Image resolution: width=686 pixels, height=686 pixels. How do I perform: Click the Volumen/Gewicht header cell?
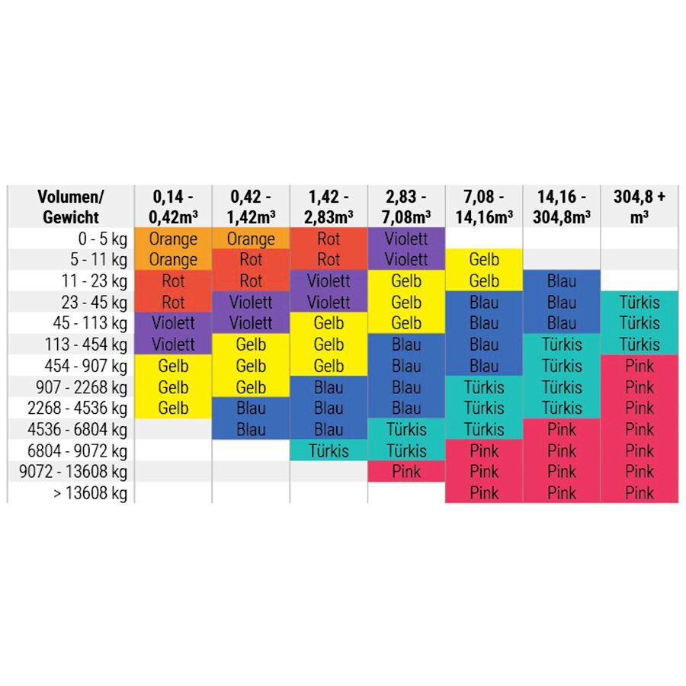(x=71, y=207)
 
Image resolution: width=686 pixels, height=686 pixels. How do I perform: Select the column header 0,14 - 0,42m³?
(x=173, y=207)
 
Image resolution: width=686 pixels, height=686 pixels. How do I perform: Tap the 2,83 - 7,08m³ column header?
(x=406, y=207)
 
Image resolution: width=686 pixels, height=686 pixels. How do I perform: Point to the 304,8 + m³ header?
(x=640, y=207)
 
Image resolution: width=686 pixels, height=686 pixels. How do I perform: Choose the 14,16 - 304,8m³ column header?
(x=562, y=207)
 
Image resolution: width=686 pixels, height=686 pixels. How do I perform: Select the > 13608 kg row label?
(x=89, y=493)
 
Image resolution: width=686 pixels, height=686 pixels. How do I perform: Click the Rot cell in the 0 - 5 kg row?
(x=329, y=239)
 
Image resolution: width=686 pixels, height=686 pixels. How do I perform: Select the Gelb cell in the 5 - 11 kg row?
(x=484, y=260)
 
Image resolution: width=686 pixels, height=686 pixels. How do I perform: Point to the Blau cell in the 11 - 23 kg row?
(x=562, y=281)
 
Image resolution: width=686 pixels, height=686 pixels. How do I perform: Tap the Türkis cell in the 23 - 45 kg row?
(x=640, y=303)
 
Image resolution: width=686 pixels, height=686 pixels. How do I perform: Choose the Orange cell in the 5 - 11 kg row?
(x=173, y=260)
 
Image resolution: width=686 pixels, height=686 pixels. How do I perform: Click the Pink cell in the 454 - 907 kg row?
(x=640, y=366)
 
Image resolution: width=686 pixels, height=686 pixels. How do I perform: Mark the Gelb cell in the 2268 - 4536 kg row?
(x=173, y=408)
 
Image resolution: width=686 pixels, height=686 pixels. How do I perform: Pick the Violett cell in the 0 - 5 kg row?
(x=406, y=239)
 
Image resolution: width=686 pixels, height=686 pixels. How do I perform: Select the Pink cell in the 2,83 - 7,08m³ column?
(x=406, y=472)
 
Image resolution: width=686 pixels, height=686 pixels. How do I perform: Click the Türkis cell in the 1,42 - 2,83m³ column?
(x=329, y=450)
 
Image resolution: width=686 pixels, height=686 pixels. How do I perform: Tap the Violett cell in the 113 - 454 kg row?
(x=173, y=345)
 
